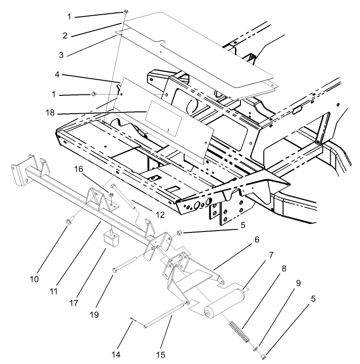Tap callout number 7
271,253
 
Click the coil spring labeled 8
239,332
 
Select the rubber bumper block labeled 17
109,239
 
